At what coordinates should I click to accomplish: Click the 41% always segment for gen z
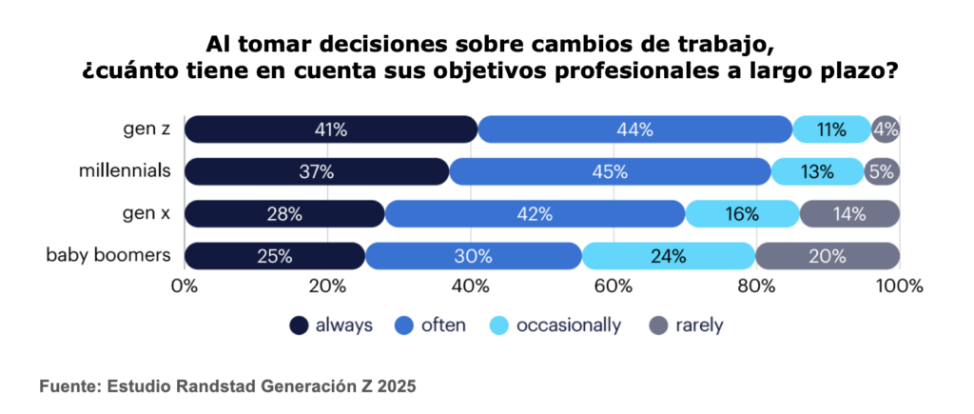click(x=330, y=129)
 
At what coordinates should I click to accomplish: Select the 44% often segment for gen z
click(x=634, y=129)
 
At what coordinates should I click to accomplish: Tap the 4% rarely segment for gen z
click(x=886, y=129)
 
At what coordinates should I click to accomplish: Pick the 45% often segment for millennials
click(x=610, y=171)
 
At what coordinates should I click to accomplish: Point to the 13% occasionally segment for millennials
click(x=817, y=171)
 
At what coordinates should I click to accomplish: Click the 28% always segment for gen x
click(x=284, y=213)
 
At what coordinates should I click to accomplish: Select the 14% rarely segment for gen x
click(x=848, y=213)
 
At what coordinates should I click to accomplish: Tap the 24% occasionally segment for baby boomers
click(x=668, y=255)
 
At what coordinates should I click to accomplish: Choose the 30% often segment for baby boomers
click(x=474, y=255)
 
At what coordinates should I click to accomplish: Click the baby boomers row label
click(x=110, y=255)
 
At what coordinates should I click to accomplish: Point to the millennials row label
click(x=125, y=171)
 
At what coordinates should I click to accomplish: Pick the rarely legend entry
click(x=686, y=325)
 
